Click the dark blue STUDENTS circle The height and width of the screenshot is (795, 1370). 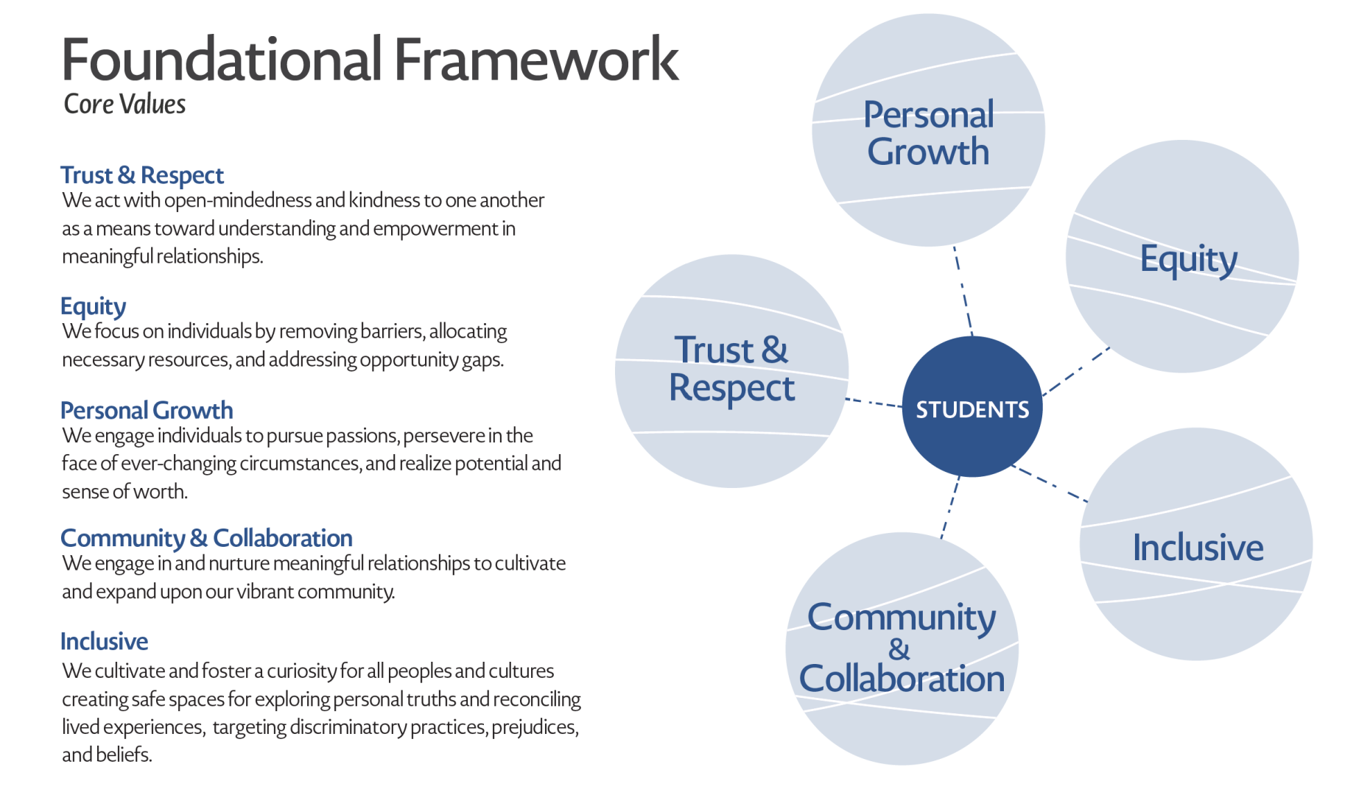point(972,406)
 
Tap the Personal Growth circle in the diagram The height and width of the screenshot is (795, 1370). point(928,130)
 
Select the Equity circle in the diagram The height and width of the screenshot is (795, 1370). point(1182,257)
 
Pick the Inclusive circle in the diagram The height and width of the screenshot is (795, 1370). point(1196,545)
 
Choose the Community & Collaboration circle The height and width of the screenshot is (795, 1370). point(902,649)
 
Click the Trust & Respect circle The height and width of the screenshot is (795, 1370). point(731,370)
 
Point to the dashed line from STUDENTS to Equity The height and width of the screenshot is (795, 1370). point(1076,372)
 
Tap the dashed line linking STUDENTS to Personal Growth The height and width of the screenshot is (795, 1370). point(963,291)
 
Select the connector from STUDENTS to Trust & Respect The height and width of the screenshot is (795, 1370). point(875,403)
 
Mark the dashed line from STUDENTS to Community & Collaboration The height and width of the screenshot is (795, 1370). point(950,507)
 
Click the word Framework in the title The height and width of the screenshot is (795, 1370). point(535,60)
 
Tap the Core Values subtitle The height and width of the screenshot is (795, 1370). point(124,104)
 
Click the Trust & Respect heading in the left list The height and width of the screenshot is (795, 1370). point(141,175)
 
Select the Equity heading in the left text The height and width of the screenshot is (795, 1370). point(93,306)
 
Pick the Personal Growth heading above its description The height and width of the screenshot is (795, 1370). point(147,410)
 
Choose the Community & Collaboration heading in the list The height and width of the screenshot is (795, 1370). point(206,538)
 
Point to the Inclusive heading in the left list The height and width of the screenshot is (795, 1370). point(104,641)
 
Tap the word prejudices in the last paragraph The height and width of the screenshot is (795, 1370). point(534,727)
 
